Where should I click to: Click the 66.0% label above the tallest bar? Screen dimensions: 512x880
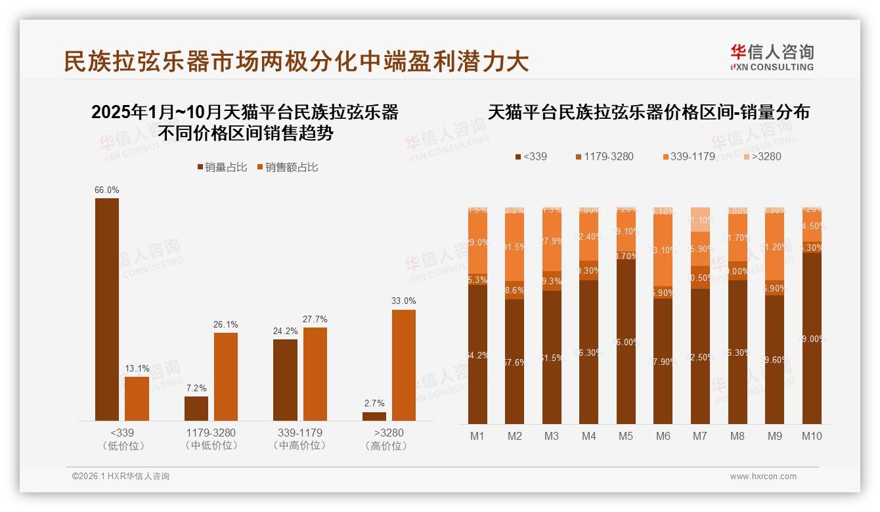pos(107,190)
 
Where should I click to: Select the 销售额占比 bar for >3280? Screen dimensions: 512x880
pos(404,365)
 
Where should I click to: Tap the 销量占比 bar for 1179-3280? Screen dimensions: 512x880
pos(196,408)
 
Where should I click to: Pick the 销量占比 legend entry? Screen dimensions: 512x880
pos(222,167)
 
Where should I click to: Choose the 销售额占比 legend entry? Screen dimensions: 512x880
pos(287,167)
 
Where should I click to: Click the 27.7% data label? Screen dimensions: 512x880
pos(315,320)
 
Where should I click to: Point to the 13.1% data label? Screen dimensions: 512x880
pos(137,368)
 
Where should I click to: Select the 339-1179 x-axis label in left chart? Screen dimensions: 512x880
pos(299,433)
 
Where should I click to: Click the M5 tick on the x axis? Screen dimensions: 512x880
pos(626,436)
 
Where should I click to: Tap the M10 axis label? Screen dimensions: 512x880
pos(812,436)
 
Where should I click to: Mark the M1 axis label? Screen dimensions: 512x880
pos(477,436)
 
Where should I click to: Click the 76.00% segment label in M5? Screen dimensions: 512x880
pos(626,342)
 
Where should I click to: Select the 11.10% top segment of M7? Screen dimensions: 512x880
pos(700,220)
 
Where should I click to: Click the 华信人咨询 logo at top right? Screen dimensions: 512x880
pos(772,57)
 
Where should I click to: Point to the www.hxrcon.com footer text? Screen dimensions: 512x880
pos(763,477)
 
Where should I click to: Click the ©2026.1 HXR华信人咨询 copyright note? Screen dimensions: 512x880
pos(121,477)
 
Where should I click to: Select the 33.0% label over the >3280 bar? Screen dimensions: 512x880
pos(404,301)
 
